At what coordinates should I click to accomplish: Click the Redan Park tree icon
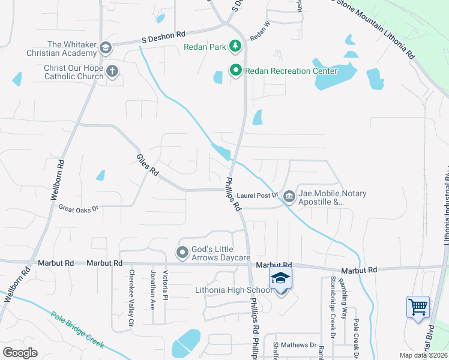(236, 46)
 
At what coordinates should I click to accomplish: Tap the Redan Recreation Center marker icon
(236, 71)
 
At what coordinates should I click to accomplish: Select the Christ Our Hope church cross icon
(112, 72)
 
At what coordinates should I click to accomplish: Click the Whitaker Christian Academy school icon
(106, 48)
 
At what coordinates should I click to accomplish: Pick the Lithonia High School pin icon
(280, 280)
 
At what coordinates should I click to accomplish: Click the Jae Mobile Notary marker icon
(289, 195)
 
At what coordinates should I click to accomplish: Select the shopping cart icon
(418, 307)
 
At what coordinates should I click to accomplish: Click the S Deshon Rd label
(163, 38)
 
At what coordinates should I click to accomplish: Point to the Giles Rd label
(147, 164)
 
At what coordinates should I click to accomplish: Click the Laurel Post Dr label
(258, 195)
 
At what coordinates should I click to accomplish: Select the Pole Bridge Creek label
(77, 330)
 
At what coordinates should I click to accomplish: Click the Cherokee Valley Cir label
(131, 298)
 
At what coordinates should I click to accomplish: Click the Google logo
(20, 352)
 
